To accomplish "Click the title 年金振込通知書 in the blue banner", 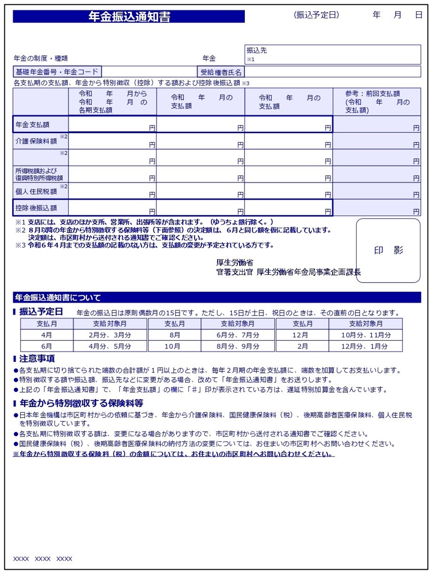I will [x=129, y=17].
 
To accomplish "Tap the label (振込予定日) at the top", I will [x=316, y=15].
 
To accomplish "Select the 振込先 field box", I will [x=333, y=55].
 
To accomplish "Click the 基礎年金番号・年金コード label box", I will [x=57, y=72].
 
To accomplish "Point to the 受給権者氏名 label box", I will [x=221, y=72].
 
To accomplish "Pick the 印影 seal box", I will [x=388, y=251].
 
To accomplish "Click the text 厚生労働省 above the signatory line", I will [x=235, y=263].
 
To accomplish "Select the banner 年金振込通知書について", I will [x=58, y=298].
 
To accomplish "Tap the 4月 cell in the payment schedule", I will [x=47, y=335].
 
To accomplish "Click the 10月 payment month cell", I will [x=174, y=346].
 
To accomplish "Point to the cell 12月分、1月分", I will [x=365, y=346].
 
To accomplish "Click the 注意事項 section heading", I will [x=37, y=359].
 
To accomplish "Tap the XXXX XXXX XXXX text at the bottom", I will [x=43, y=559].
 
